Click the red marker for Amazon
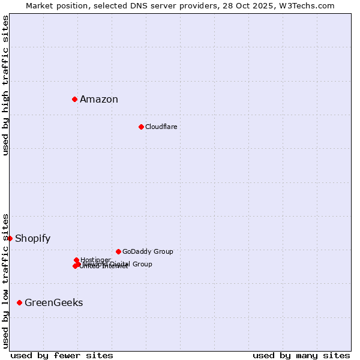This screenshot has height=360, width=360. click(x=74, y=99)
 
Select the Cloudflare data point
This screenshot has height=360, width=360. click(x=141, y=127)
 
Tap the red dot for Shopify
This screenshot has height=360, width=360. click(x=10, y=238)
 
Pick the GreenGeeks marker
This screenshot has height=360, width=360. click(x=20, y=302)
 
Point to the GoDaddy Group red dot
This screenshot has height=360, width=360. click(x=118, y=251)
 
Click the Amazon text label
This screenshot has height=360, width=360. click(x=99, y=100)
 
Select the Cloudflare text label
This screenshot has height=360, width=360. click(x=161, y=127)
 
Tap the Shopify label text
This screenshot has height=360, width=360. click(x=32, y=239)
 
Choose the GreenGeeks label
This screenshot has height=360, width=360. click(x=53, y=303)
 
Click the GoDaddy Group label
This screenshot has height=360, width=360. click(x=147, y=251)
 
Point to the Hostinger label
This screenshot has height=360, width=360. click(x=95, y=260)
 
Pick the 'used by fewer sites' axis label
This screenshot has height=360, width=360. click(x=62, y=355)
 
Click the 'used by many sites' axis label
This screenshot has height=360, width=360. click(x=301, y=355)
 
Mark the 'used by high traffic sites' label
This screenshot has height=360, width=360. click(x=5, y=85)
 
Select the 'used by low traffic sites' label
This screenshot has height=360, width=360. click(x=5, y=281)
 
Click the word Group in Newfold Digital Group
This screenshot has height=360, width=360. click(x=142, y=264)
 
